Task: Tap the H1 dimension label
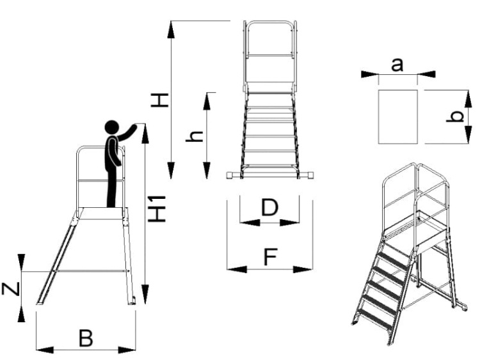click(x=157, y=208)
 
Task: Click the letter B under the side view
click(x=85, y=338)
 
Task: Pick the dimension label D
click(x=269, y=208)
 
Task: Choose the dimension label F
click(x=269, y=257)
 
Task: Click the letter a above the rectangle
click(x=397, y=64)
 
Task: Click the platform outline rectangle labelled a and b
click(x=397, y=117)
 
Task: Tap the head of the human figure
click(x=113, y=127)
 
